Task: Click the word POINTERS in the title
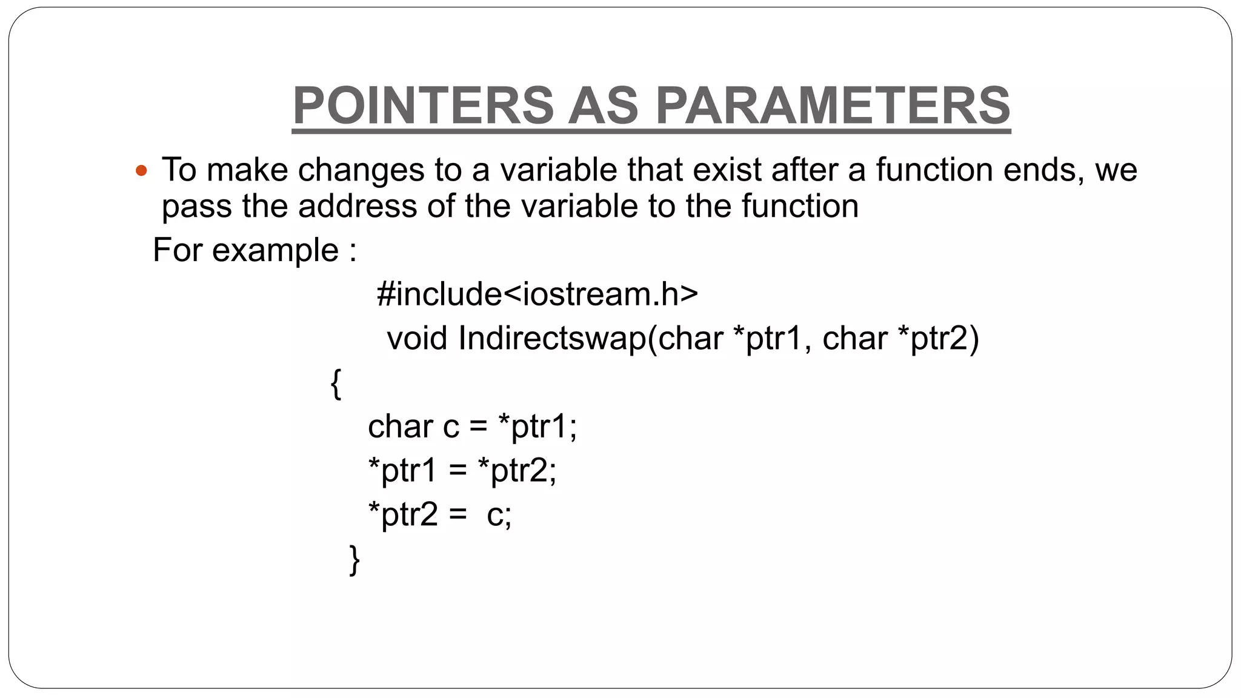[423, 105]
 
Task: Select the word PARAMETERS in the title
[833, 105]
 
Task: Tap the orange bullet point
[141, 171]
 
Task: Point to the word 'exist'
[727, 170]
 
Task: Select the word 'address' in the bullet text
[357, 206]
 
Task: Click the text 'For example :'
[255, 250]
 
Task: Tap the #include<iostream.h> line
[537, 294]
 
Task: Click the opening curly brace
[336, 384]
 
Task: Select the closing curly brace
[354, 559]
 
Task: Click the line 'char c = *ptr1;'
[472, 427]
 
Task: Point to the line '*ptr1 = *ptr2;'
[462, 470]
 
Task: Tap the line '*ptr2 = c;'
[439, 514]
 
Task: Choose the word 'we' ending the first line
[1116, 170]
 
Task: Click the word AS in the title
[603, 105]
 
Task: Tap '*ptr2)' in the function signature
[937, 338]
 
